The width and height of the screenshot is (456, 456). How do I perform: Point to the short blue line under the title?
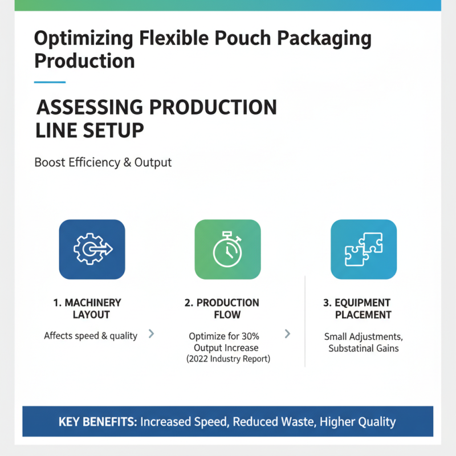click(50, 82)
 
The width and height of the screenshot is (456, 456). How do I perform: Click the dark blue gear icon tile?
click(92, 249)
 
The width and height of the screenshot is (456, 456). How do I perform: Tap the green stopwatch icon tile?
click(227, 249)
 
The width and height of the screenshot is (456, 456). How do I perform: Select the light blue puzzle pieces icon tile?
click(364, 249)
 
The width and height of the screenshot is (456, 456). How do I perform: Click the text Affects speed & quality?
click(91, 336)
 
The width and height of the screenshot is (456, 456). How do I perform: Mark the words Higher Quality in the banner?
click(357, 422)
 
